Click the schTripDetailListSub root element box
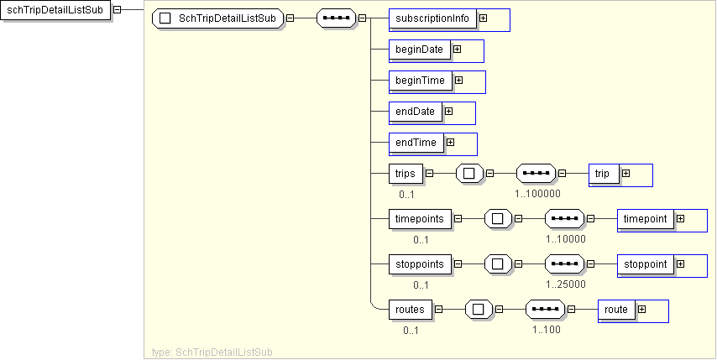pyautogui.click(x=55, y=10)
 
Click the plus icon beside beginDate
pyautogui.click(x=458, y=50)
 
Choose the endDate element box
pyautogui.click(x=416, y=112)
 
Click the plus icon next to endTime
pyautogui.click(x=451, y=143)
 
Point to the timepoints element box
pyautogui.click(x=421, y=218)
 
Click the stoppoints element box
pyautogui.click(x=421, y=263)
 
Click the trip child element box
pyautogui.click(x=603, y=174)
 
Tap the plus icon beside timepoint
pyautogui.click(x=680, y=218)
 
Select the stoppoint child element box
pyautogui.click(x=646, y=263)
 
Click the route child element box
pyautogui.click(x=616, y=309)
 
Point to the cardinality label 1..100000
pyautogui.click(x=538, y=194)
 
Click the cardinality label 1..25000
pyautogui.click(x=566, y=284)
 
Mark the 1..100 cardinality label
pyautogui.click(x=547, y=329)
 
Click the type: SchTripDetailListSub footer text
pyautogui.click(x=212, y=352)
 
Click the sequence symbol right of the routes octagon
pyautogui.click(x=546, y=309)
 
